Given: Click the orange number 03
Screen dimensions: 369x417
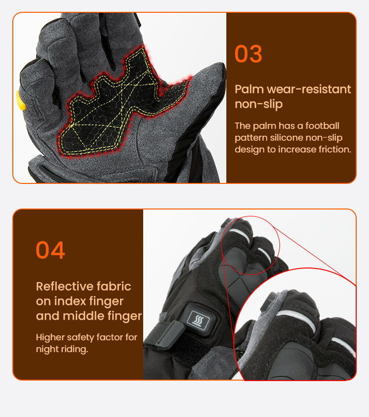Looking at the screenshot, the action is coord(248,54).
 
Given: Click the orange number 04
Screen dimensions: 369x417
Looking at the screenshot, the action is coord(50,250).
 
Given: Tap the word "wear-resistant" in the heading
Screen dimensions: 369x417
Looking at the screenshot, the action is coord(308,89).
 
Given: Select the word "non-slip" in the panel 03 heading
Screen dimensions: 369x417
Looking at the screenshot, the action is coord(259,104).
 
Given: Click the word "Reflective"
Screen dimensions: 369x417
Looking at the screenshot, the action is coord(64,286).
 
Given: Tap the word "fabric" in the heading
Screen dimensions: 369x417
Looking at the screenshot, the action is coord(114,286).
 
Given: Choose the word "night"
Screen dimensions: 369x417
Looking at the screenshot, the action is coord(45,349).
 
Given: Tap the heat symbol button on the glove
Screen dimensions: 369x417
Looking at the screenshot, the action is coord(198,320).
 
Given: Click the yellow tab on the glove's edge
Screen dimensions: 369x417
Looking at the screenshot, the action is coord(21,100).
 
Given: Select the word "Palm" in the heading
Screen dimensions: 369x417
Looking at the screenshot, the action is coord(249,89).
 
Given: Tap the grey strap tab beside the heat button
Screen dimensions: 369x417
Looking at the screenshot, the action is coord(170,335).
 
